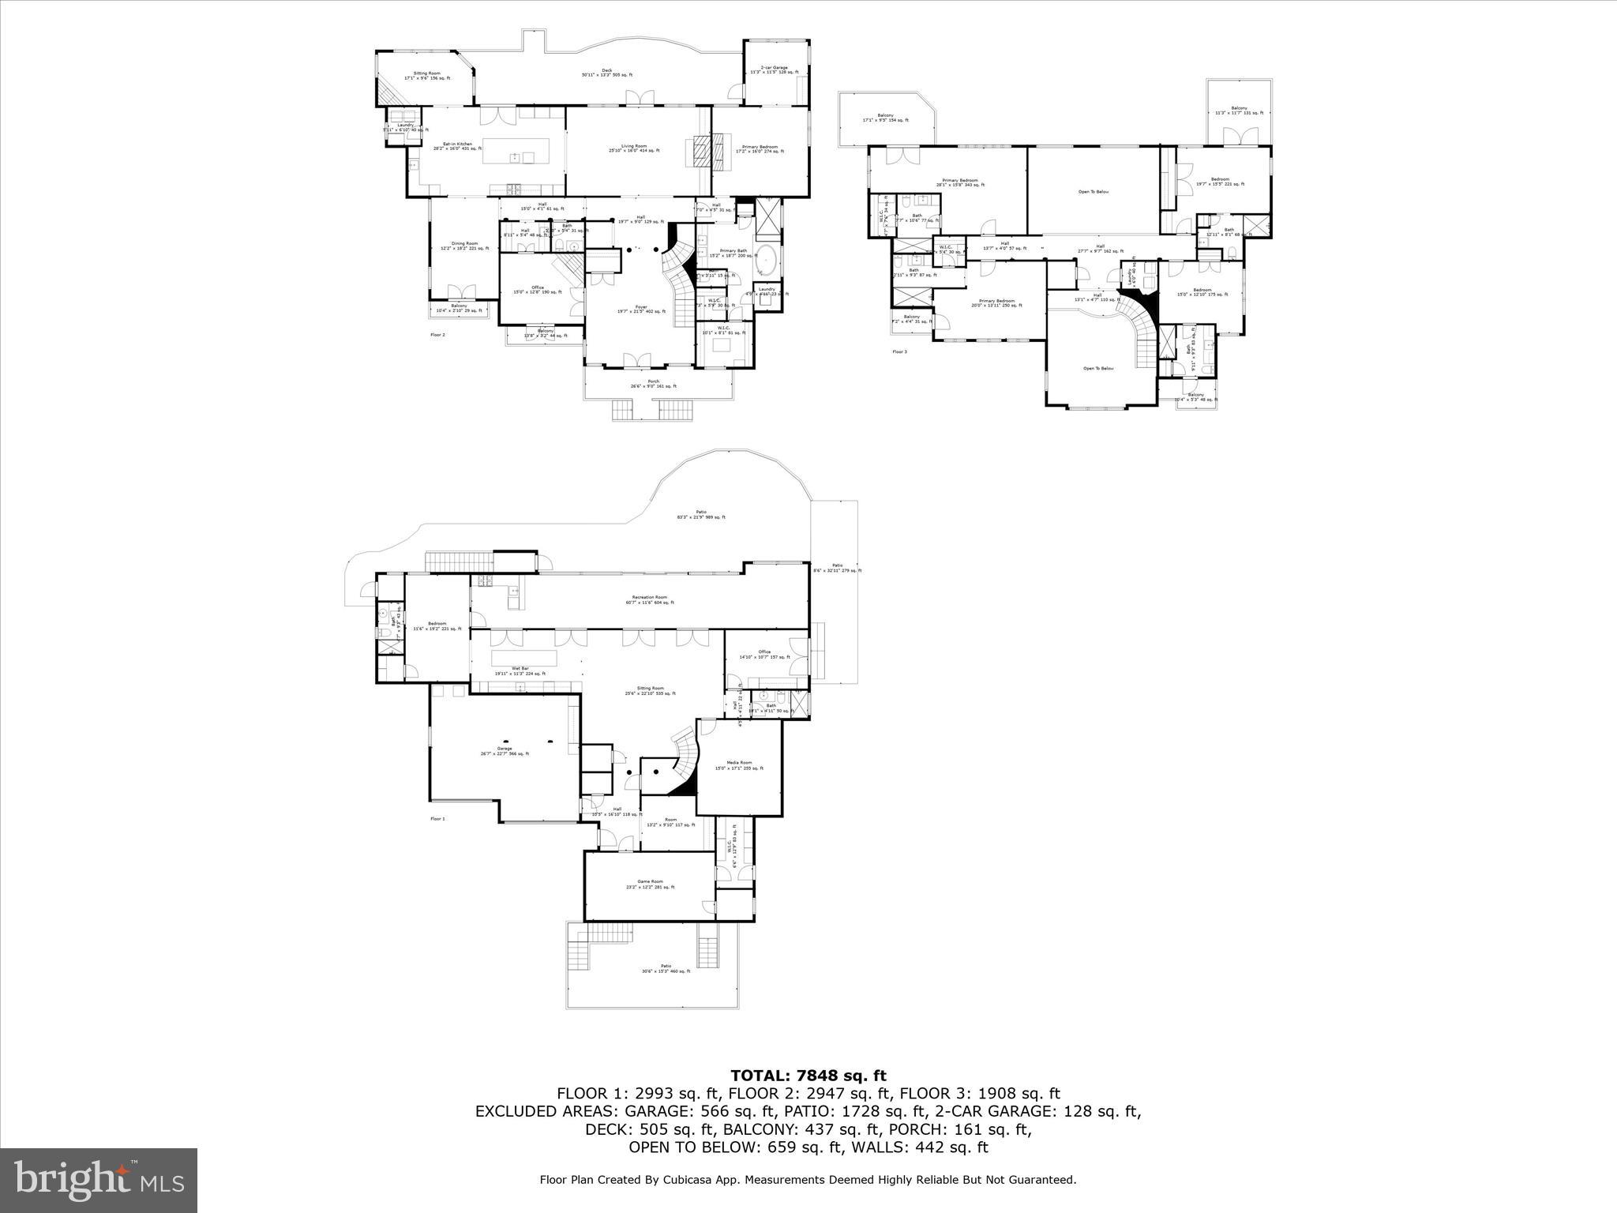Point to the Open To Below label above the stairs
(x=1098, y=369)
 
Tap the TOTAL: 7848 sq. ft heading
(x=808, y=1076)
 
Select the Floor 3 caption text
(x=899, y=351)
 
